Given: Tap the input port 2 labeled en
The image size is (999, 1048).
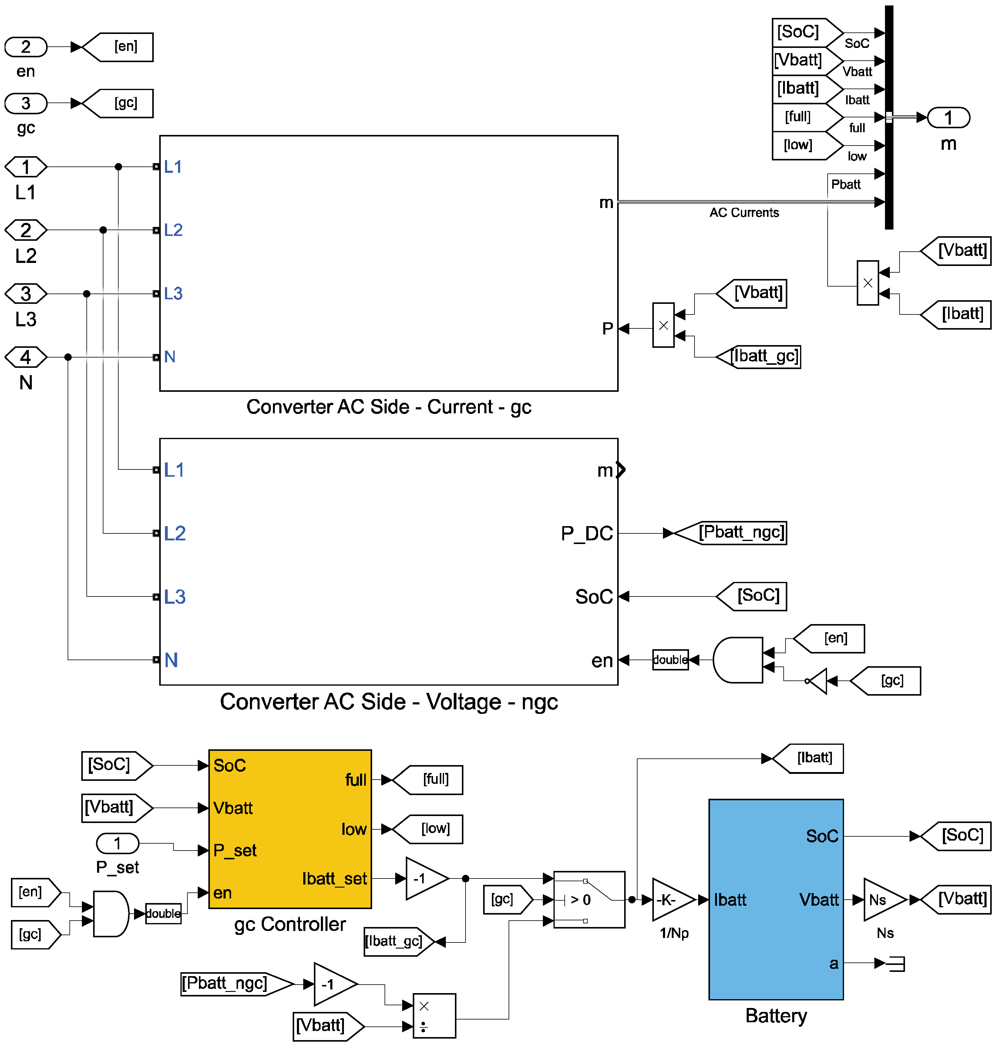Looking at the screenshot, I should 25,47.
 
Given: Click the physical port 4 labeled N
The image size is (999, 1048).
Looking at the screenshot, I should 25,357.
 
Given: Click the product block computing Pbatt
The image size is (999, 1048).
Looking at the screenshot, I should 867,283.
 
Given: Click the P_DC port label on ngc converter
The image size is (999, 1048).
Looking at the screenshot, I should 587,533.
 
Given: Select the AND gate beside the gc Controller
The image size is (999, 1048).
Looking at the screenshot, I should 110,913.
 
